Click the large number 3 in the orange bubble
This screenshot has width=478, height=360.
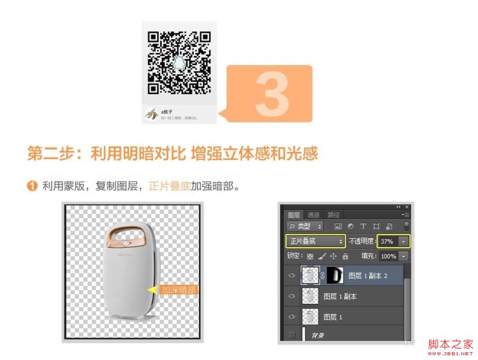click(272, 94)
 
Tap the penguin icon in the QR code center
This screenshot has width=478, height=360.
click(179, 62)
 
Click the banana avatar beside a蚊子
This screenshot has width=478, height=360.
click(152, 114)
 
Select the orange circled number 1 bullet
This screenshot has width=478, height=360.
click(32, 186)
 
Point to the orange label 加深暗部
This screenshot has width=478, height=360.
click(178, 290)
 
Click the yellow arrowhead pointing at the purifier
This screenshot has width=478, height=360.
click(152, 290)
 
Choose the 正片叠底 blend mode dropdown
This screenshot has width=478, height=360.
click(315, 241)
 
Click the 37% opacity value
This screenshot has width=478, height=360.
click(387, 241)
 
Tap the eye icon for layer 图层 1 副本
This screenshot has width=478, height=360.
click(292, 296)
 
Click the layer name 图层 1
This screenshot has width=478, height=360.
click(333, 317)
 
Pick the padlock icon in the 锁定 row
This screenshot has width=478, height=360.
click(345, 256)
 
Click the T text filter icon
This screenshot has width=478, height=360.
click(363, 226)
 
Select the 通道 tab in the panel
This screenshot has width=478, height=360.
click(314, 215)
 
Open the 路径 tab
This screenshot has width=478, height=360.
click(333, 215)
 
